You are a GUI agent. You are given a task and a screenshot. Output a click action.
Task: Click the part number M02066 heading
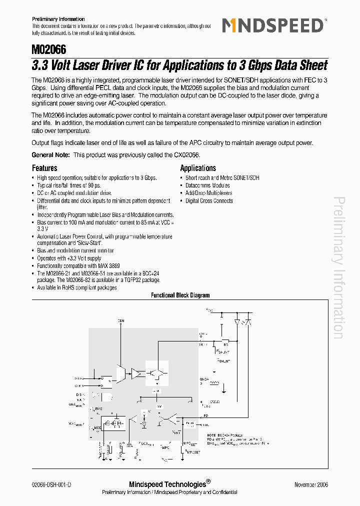49,50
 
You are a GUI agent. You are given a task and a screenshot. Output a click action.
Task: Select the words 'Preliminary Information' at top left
58,19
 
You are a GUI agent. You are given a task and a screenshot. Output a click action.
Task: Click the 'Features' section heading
44,168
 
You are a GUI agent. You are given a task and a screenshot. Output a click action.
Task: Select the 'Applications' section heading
198,168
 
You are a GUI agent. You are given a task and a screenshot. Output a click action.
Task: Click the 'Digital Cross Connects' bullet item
209,201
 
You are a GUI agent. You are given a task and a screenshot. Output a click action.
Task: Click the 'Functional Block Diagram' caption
180,295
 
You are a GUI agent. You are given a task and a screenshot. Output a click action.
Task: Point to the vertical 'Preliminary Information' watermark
338,267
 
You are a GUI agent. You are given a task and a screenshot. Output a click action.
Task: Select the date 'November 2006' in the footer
311,485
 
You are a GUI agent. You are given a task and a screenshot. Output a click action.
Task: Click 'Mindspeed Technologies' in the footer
167,484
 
